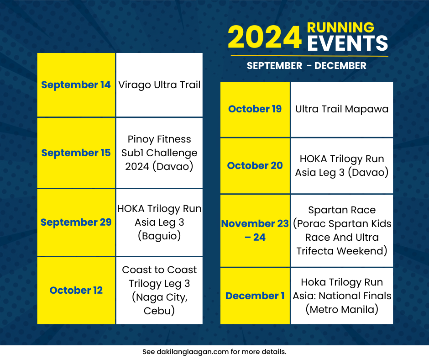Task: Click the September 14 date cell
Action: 76,85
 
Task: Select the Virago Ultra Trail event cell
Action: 159,85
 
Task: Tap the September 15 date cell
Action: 76,153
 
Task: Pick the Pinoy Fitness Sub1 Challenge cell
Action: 159,153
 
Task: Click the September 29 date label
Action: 76,222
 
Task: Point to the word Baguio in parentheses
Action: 159,236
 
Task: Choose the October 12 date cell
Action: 76,291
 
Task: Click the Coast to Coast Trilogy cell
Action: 159,291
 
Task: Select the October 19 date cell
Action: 255,109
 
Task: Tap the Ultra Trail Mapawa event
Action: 342,109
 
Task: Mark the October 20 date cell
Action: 255,166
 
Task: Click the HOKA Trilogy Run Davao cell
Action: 342,166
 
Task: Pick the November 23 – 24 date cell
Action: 255,230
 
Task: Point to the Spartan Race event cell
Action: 342,230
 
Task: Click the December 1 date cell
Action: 255,296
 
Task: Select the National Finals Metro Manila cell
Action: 342,296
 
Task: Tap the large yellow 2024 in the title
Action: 264,37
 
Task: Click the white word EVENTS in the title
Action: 347,44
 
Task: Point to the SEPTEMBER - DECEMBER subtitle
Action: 306,66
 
